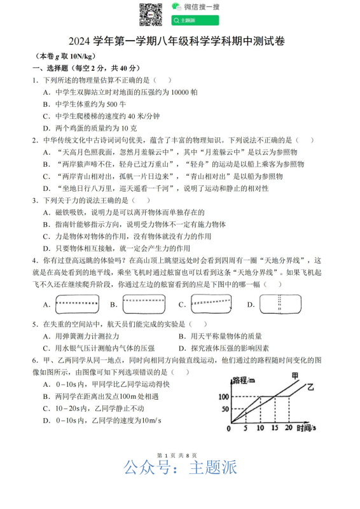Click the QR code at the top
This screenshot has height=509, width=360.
pyautogui.click(x=151, y=14)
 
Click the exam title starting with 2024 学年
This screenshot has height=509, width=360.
pyautogui.click(x=180, y=42)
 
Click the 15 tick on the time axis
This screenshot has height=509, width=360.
pyautogui.click(x=274, y=429)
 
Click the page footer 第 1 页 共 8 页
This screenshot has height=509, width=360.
pyautogui.click(x=180, y=456)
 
